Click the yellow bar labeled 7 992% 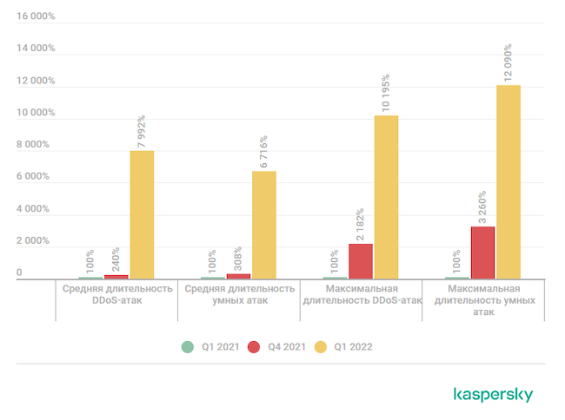pyautogui.click(x=142, y=214)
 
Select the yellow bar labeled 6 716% pyautogui.click(x=264, y=225)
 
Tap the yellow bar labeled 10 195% pyautogui.click(x=386, y=197)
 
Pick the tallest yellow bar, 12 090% pyautogui.click(x=508, y=181)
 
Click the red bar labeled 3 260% pyautogui.click(x=482, y=253)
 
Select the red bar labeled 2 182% pyautogui.click(x=361, y=261)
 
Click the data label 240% pyautogui.click(x=116, y=259)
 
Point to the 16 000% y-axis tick pyautogui.click(x=35, y=16)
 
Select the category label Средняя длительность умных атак pyautogui.click(x=239, y=294)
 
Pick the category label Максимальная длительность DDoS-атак pyautogui.click(x=361, y=294)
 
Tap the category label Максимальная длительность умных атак pyautogui.click(x=482, y=299)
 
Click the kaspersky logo pyautogui.click(x=493, y=395)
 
